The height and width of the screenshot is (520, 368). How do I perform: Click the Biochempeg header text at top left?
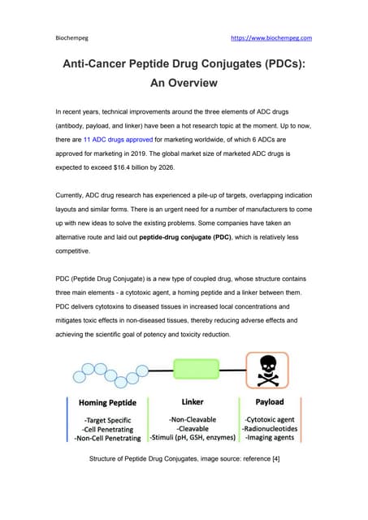tap(71, 38)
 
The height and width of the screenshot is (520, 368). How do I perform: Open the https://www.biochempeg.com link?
tap(271, 38)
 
